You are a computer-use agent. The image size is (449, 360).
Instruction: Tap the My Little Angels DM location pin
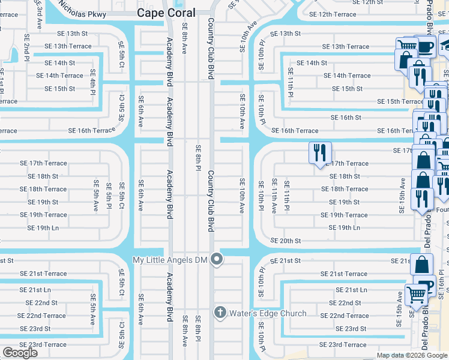tap(217, 259)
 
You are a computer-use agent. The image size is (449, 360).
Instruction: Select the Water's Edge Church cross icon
tap(220, 313)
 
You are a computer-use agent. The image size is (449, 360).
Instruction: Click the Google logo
tap(20, 353)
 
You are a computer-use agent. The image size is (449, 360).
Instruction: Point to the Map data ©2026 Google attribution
tap(411, 355)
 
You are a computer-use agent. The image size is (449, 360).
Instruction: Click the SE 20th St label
tap(286, 241)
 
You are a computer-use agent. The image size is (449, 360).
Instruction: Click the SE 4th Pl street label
tap(93, 82)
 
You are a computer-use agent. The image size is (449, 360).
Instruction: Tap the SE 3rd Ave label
tap(38, 7)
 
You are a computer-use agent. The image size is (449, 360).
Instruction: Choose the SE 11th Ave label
tap(274, 196)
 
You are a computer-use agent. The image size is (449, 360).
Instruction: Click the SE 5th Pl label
tap(109, 196)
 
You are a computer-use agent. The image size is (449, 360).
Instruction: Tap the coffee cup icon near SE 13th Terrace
tap(426, 46)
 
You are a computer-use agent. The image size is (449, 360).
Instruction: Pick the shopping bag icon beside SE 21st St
tap(422, 264)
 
